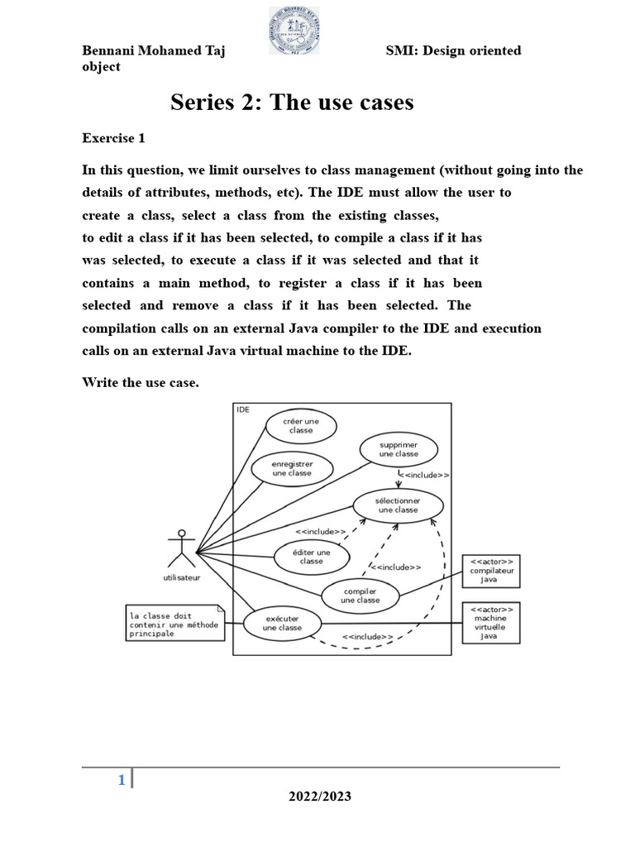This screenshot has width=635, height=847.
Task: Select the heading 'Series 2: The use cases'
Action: coord(292,103)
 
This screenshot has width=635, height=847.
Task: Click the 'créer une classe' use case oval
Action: coord(301,425)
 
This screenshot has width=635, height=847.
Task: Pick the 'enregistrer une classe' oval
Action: coord(292,468)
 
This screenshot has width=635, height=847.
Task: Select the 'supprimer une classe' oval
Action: coord(399,449)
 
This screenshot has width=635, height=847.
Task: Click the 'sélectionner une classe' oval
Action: coord(399,505)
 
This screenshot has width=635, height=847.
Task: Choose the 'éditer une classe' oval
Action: coord(312,556)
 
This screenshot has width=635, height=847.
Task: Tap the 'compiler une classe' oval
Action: coord(360,596)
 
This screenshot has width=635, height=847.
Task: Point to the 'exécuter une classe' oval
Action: coord(282,623)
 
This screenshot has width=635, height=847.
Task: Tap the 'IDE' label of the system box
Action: coord(243,409)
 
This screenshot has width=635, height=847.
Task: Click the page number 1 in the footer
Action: coord(122,779)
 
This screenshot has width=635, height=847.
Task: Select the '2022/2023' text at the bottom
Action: coord(319,797)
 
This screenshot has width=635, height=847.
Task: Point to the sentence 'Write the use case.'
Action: coord(141,382)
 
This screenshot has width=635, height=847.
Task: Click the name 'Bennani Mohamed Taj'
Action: coord(154,51)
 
